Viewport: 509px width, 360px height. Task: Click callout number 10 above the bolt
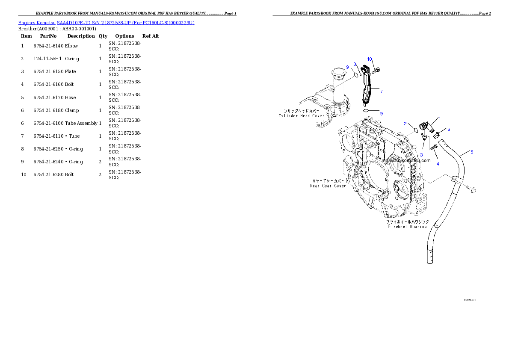pos(370,59)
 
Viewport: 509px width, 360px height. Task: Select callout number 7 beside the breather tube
pos(381,91)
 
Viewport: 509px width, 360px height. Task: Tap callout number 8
pos(354,64)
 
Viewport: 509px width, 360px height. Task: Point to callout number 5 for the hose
pos(472,152)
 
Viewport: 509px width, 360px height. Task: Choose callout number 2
pos(405,124)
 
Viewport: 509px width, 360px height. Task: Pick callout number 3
pos(421,154)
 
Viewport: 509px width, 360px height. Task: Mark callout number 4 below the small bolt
pos(438,163)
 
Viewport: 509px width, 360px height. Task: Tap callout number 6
pos(449,129)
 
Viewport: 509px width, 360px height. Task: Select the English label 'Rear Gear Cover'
pos(328,186)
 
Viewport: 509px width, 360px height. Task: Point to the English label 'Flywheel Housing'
pos(408,226)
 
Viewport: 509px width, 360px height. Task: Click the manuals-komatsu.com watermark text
pos(406,161)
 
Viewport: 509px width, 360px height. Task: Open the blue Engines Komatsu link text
pos(106,22)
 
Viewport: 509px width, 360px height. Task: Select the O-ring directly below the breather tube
pos(367,111)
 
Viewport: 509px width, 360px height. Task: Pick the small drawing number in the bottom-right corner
pos(470,300)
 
